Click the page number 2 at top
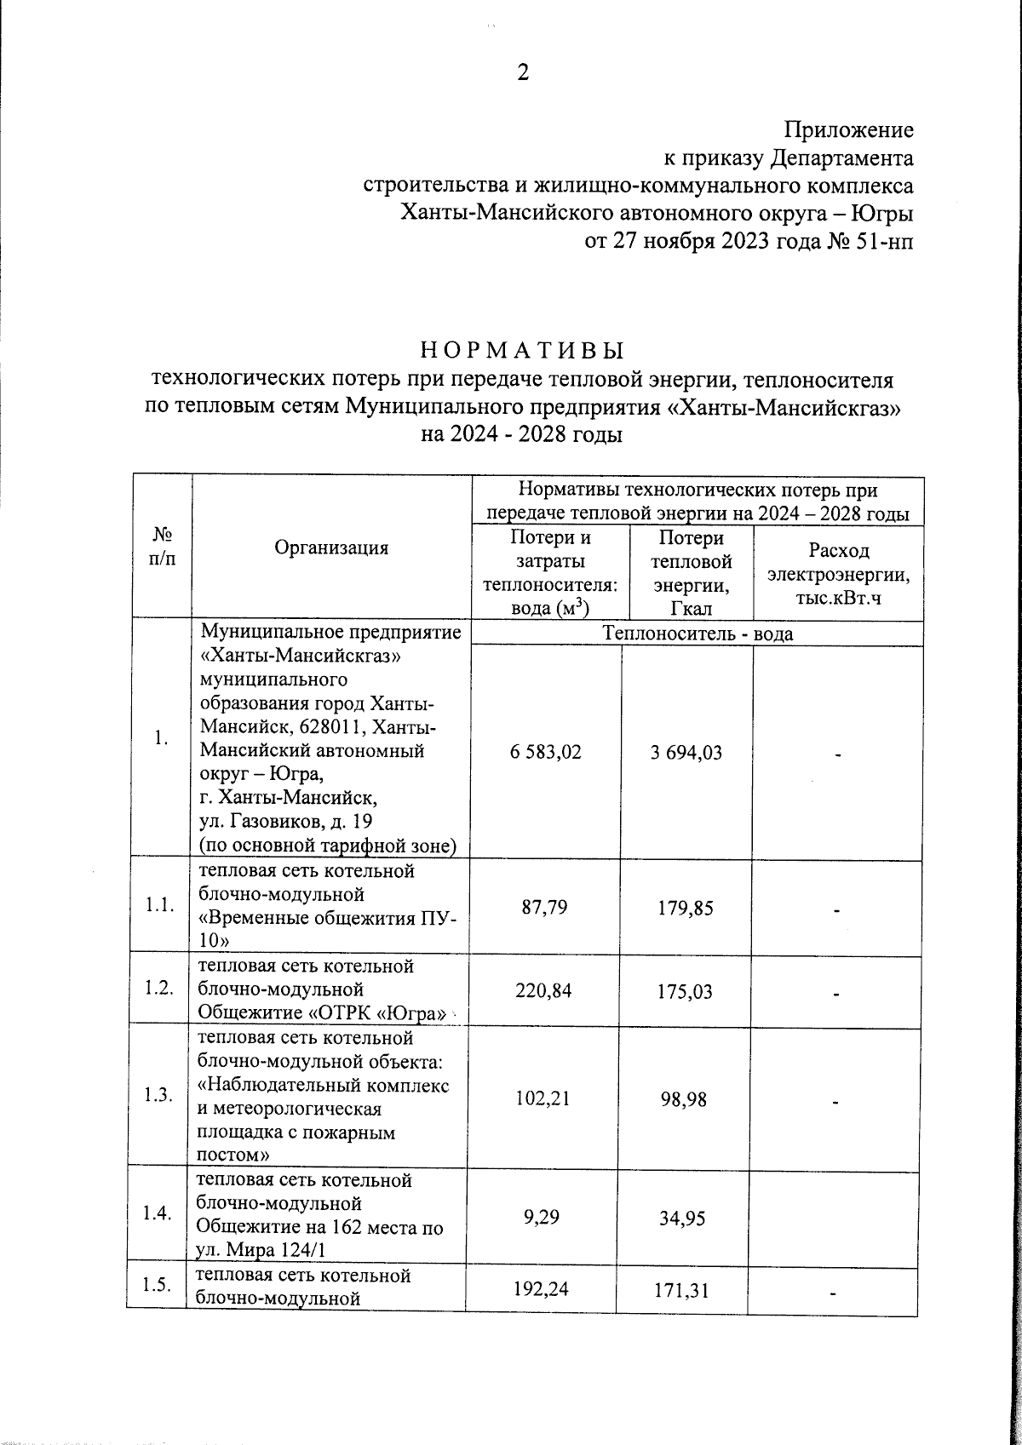pyautogui.click(x=523, y=73)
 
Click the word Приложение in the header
pyautogui.click(x=848, y=130)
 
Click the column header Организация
pyautogui.click(x=331, y=548)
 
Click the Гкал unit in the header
pyautogui.click(x=691, y=608)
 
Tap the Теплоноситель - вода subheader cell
pyautogui.click(x=697, y=634)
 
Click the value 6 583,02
pyautogui.click(x=546, y=753)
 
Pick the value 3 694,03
pyautogui.click(x=686, y=753)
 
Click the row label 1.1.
pyautogui.click(x=160, y=907)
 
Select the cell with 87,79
pyautogui.click(x=545, y=908)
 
